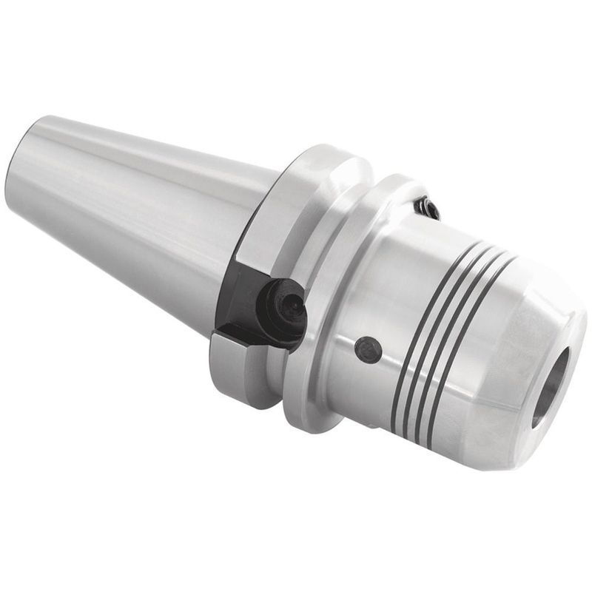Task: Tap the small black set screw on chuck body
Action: click(368, 349)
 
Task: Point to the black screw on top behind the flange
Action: click(427, 207)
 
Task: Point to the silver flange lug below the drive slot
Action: click(237, 370)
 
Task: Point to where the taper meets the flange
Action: click(263, 222)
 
